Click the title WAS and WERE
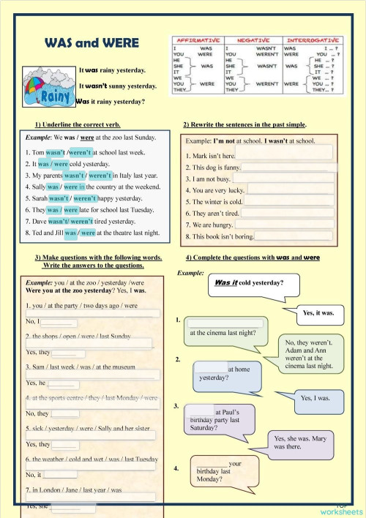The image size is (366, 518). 91,44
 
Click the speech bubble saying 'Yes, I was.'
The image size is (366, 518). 315,399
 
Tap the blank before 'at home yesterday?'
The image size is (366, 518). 211,369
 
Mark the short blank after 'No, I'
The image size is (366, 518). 59,321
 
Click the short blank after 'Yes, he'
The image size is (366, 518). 64,382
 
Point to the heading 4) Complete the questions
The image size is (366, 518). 253,258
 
